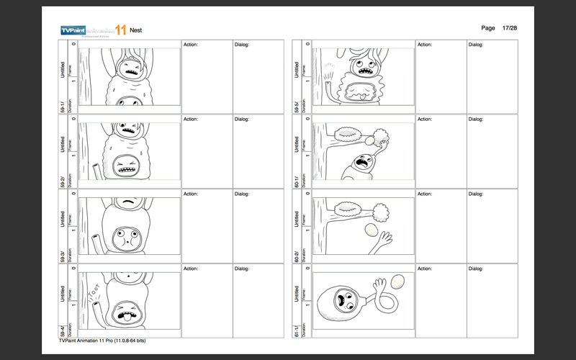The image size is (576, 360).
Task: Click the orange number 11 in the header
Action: [x=120, y=30]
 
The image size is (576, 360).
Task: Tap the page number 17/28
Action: [x=510, y=27]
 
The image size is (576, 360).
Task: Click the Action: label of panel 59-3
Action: [x=191, y=194]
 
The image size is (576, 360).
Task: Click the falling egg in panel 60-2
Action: [x=372, y=230]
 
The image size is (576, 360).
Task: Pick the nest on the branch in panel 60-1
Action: [x=349, y=133]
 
